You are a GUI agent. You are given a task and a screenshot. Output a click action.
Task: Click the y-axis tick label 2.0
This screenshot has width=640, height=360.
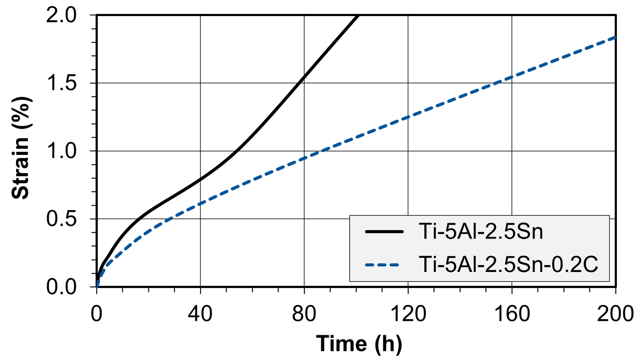tap(61, 15)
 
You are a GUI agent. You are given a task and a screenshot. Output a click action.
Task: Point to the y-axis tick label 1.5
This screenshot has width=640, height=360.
tap(61, 83)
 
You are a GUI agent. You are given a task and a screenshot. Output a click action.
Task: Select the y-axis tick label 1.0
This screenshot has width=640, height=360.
tap(61, 151)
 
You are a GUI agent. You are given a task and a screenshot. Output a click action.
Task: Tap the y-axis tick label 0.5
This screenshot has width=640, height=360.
tap(61, 219)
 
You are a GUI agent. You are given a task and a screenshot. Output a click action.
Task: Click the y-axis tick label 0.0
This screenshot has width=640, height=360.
tap(61, 287)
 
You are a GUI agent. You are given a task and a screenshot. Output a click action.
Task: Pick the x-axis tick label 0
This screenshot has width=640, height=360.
tap(96, 314)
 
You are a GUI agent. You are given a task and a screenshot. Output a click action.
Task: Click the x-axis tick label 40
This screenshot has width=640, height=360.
tap(200, 314)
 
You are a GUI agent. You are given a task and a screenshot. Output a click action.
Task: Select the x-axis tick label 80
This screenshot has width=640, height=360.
tap(304, 314)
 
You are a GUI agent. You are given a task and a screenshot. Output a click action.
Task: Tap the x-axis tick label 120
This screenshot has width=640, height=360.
tap(408, 314)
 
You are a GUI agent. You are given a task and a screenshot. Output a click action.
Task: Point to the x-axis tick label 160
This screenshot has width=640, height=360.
tap(512, 314)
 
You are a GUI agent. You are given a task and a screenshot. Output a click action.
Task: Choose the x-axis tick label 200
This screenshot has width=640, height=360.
tap(615, 314)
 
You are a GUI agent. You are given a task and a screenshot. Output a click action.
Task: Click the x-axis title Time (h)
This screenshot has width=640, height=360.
tap(359, 344)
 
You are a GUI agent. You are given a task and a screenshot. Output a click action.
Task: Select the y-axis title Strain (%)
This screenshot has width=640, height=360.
tap(21, 148)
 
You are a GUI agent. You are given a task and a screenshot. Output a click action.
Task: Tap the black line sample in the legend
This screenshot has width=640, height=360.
tap(384, 232)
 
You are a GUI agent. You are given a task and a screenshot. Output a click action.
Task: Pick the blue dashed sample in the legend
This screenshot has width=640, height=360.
tap(382, 265)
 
